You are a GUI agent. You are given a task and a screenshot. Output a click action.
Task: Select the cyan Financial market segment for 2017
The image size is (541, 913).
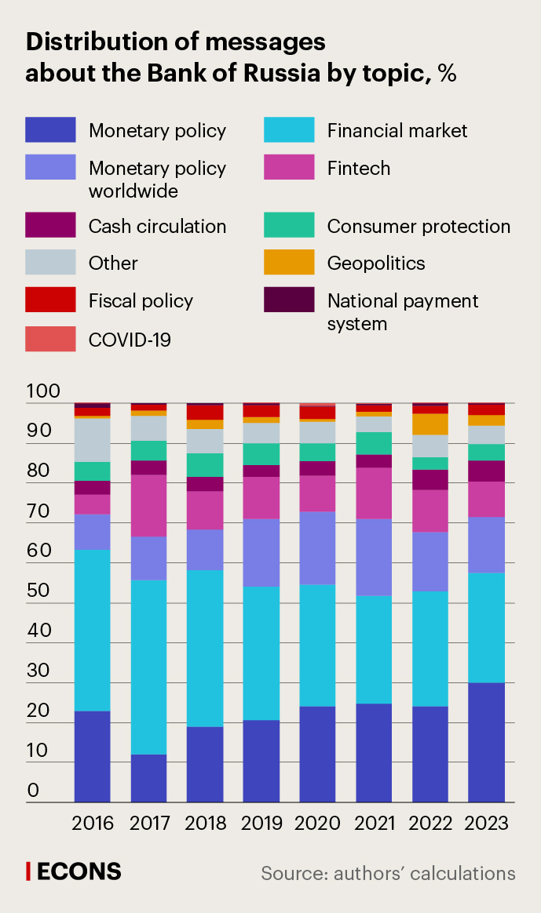[149, 667]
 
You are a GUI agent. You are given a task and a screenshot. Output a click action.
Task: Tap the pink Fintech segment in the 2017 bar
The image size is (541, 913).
[149, 505]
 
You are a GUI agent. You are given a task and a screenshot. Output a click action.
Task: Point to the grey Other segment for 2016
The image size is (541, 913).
[93, 440]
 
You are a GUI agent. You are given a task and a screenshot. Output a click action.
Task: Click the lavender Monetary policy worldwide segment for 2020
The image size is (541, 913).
[317, 547]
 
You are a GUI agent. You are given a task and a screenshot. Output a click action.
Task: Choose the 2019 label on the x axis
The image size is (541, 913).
[261, 824]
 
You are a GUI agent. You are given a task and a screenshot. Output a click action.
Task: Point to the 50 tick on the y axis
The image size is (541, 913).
[38, 591]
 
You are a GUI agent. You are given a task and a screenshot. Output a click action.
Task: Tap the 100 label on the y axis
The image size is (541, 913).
[43, 391]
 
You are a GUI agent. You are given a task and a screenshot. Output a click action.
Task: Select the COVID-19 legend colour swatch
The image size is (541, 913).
[50, 339]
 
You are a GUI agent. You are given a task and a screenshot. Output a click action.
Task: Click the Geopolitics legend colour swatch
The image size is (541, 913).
[289, 262]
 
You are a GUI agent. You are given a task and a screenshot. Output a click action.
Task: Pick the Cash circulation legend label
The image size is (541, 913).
[157, 227]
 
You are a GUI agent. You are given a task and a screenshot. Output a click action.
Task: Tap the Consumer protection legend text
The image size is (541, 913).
[419, 227]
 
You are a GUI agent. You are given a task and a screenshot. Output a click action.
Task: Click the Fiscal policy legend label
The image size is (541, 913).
[141, 300]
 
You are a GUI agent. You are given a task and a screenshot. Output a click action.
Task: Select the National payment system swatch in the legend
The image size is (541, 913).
[289, 300]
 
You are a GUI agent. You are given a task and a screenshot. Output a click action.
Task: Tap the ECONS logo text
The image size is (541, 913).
[79, 871]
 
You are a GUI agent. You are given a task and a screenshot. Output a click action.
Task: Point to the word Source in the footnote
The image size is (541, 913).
[293, 873]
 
